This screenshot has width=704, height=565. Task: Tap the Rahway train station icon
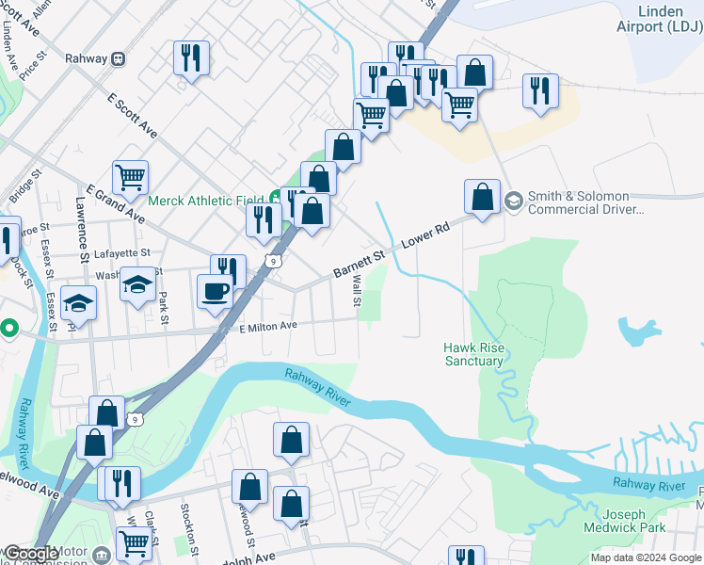click(118, 58)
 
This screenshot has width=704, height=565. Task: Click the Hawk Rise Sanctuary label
click(473, 354)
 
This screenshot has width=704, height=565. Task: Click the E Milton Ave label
click(268, 326)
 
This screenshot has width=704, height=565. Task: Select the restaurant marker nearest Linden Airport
click(539, 89)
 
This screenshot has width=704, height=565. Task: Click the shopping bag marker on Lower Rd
click(482, 196)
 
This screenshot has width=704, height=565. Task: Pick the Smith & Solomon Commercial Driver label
click(584, 203)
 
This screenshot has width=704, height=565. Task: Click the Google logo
click(31, 555)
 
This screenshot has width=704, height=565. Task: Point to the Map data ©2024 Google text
click(646, 557)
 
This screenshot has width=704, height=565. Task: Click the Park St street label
click(163, 308)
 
